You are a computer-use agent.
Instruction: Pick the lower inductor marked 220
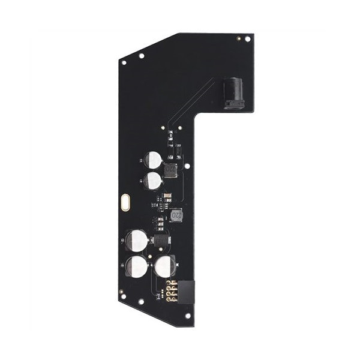pyautogui.click(x=177, y=214)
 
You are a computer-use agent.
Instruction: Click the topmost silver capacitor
pyautogui.click(x=154, y=160)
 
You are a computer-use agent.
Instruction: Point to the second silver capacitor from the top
pyautogui.click(x=154, y=181)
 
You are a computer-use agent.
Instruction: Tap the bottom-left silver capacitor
pyautogui.click(x=137, y=266)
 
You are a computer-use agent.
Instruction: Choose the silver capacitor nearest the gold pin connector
pyautogui.click(x=165, y=265)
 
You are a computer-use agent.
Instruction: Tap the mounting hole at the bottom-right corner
pyautogui.click(x=187, y=315)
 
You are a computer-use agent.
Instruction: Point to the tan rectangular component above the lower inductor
pyautogui.click(x=169, y=194)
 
